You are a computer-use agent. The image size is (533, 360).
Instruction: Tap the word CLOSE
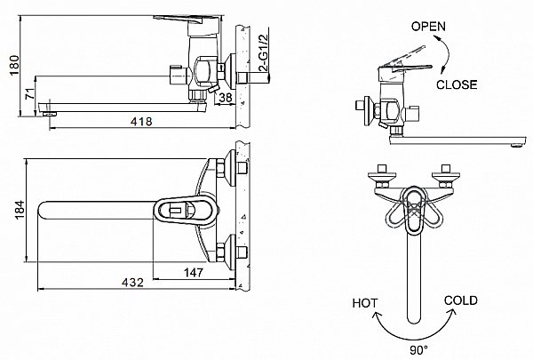[457, 85]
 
